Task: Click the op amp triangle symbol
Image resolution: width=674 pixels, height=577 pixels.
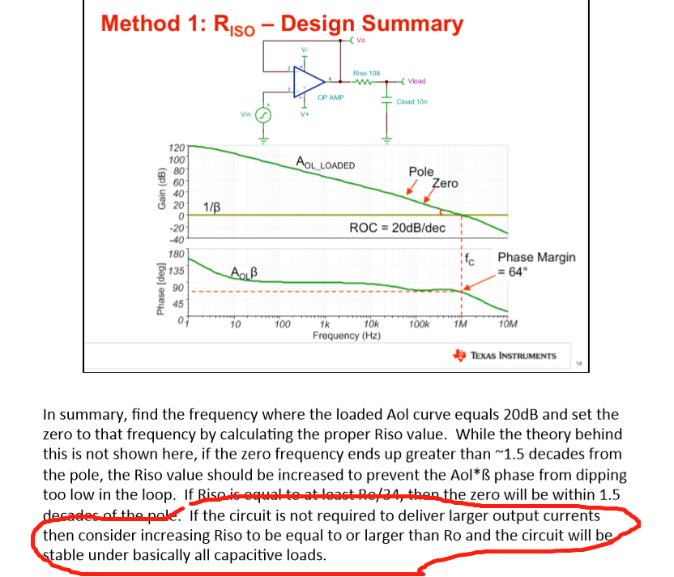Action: (309, 79)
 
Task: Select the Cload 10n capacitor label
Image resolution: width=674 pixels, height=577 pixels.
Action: (412, 102)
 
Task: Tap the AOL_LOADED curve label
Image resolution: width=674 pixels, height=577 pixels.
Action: (326, 164)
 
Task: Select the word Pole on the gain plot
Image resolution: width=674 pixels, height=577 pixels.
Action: (421, 172)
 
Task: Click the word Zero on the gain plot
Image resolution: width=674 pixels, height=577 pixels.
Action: (446, 183)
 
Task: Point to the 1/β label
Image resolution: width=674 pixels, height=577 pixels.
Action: (211, 206)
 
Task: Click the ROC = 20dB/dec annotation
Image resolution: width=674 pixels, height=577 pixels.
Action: (397, 228)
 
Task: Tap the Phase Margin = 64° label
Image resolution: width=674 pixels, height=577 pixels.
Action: (536, 264)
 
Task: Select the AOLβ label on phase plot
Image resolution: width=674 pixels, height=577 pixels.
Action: (244, 271)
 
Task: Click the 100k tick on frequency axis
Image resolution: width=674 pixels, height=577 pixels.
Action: (419, 325)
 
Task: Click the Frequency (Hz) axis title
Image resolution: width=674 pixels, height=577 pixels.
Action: (347, 336)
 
